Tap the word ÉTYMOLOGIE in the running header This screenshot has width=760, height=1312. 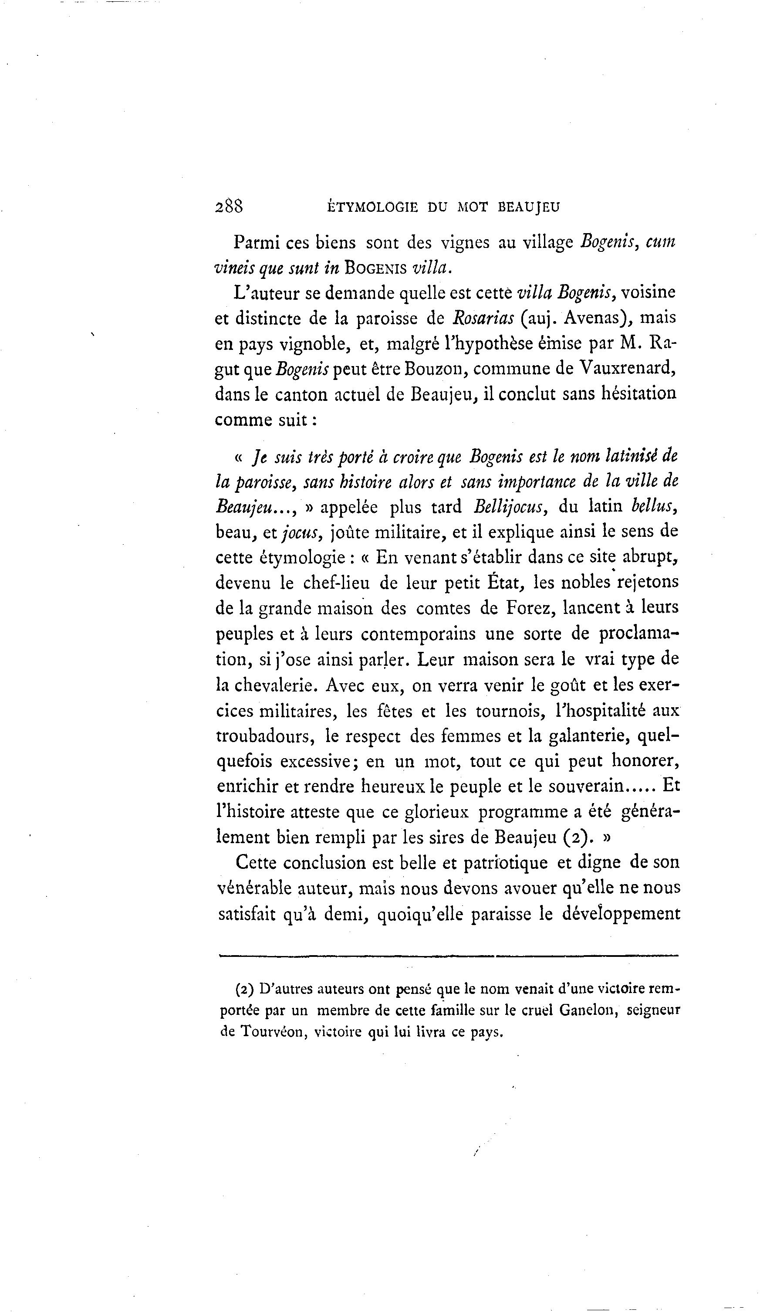[x=373, y=207]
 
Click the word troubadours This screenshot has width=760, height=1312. [x=264, y=736]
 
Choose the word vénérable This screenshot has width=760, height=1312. [x=254, y=888]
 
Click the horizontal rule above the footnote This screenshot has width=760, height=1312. [x=449, y=956]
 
